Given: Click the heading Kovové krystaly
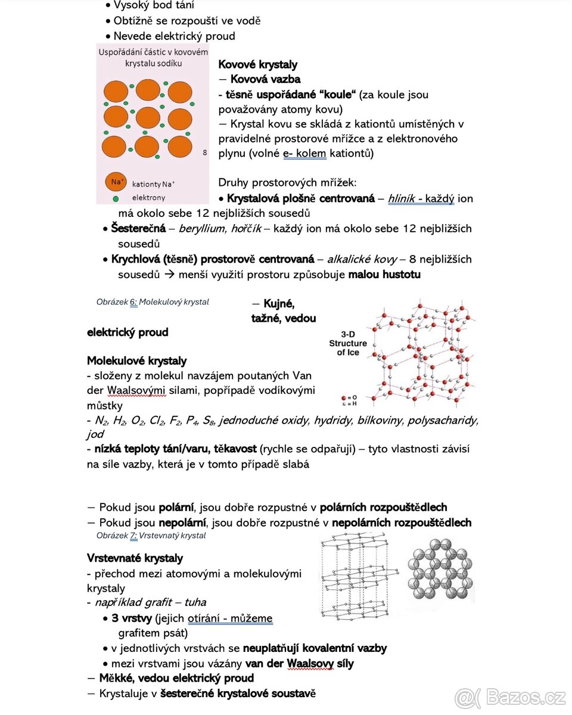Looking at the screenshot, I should [257, 64].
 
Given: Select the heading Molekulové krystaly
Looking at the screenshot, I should [136, 361].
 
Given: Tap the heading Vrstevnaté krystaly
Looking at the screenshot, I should [135, 558].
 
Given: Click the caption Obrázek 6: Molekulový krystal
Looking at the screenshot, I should [153, 302].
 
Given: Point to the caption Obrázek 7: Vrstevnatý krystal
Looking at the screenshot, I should [151, 536].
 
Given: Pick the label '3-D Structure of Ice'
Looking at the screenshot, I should [348, 343].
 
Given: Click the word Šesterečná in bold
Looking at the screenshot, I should [138, 229].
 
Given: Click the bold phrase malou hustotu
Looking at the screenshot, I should [384, 275].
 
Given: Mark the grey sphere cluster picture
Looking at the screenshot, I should [440, 570].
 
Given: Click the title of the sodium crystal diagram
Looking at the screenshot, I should [153, 58].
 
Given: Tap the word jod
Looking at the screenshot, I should [95, 435].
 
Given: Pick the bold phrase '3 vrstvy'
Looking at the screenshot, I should [132, 618].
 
